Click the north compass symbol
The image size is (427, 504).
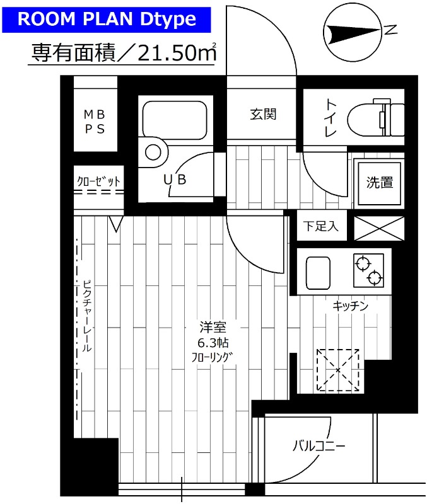pyautogui.click(x=352, y=31)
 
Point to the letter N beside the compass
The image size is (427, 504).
pyautogui.click(x=392, y=30)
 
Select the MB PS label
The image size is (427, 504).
pyautogui.click(x=95, y=121)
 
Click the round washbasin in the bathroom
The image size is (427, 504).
pyautogui.click(x=153, y=152)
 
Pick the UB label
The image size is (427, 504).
pyautogui.click(x=175, y=180)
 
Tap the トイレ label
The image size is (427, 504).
pyautogui.click(x=330, y=118)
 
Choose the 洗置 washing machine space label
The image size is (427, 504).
pyautogui.click(x=380, y=183)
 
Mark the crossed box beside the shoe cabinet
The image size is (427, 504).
pyautogui.click(x=378, y=227)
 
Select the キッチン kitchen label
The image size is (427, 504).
pyautogui.click(x=350, y=306)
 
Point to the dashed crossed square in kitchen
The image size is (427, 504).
pyautogui.click(x=337, y=370)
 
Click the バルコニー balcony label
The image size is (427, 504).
pyautogui.click(x=318, y=447)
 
